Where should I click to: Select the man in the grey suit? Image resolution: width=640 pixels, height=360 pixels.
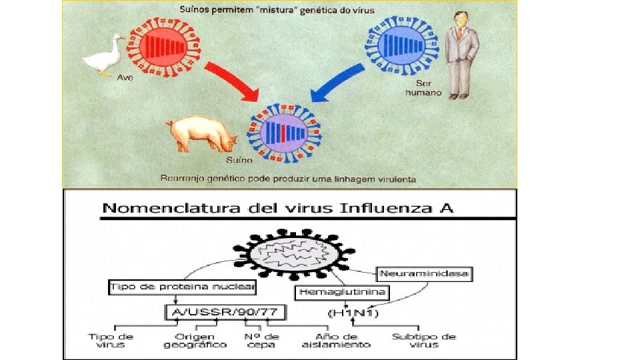pyautogui.click(x=461, y=57)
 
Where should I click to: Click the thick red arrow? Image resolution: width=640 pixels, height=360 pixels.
pyautogui.click(x=233, y=79)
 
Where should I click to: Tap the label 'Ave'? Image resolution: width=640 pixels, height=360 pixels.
pyautogui.click(x=125, y=77)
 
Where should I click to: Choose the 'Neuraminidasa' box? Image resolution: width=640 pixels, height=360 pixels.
pyautogui.click(x=424, y=274)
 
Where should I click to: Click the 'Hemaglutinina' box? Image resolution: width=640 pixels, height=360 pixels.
pyautogui.click(x=343, y=292)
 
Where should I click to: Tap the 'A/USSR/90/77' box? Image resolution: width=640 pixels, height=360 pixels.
pyautogui.click(x=211, y=311)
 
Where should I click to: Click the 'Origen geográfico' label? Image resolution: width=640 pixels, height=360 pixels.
pyautogui.click(x=195, y=340)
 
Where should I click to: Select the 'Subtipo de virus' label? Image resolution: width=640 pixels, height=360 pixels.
pyautogui.click(x=424, y=340)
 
